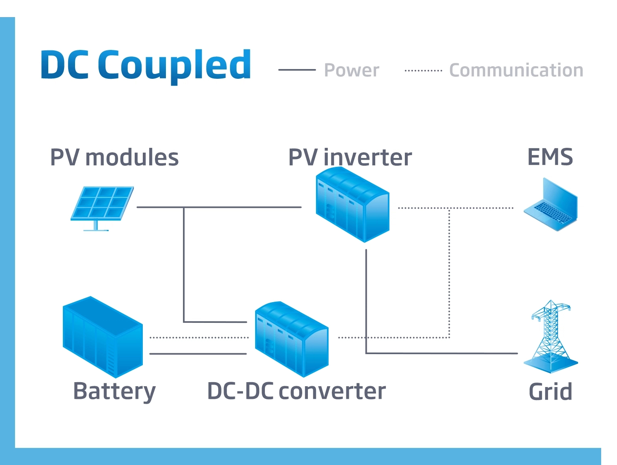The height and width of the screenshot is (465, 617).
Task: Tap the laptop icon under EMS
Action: coord(551,205)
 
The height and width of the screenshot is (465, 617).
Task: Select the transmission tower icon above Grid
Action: coord(551,337)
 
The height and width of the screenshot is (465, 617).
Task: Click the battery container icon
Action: coord(102,337)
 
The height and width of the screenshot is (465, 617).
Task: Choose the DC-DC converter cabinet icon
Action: coord(291,339)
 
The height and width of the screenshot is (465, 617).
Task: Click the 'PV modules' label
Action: coord(114,158)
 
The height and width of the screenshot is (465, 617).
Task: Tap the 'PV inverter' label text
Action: coord(350,158)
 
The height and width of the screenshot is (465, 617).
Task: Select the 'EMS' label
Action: coord(550,157)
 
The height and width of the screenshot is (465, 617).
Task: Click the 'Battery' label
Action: coord(114,391)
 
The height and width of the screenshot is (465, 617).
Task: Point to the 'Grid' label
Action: coord(550,392)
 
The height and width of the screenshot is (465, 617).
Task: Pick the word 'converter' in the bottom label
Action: coord(332,391)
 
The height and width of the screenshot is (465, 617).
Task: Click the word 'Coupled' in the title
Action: coord(174,65)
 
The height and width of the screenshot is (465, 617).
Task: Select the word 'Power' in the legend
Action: coord(351,70)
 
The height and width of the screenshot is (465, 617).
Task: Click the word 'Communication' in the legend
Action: coord(516,70)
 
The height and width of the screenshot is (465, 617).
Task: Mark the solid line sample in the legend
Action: coord(297,70)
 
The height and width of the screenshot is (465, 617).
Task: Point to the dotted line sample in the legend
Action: coord(424,70)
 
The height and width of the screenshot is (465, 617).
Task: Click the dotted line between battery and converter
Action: coord(199,337)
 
